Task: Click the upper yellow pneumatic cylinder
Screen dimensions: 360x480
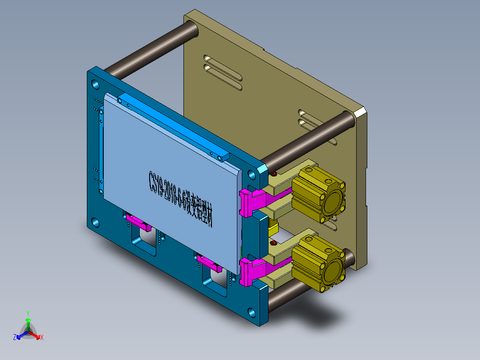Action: point(320,192)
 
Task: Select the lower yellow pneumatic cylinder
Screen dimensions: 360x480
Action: point(320,264)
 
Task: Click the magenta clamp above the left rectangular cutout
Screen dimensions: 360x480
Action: point(138,221)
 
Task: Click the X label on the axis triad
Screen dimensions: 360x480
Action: point(42,338)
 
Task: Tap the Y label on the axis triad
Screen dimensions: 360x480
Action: point(28,313)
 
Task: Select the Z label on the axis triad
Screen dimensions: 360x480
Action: point(15,338)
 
